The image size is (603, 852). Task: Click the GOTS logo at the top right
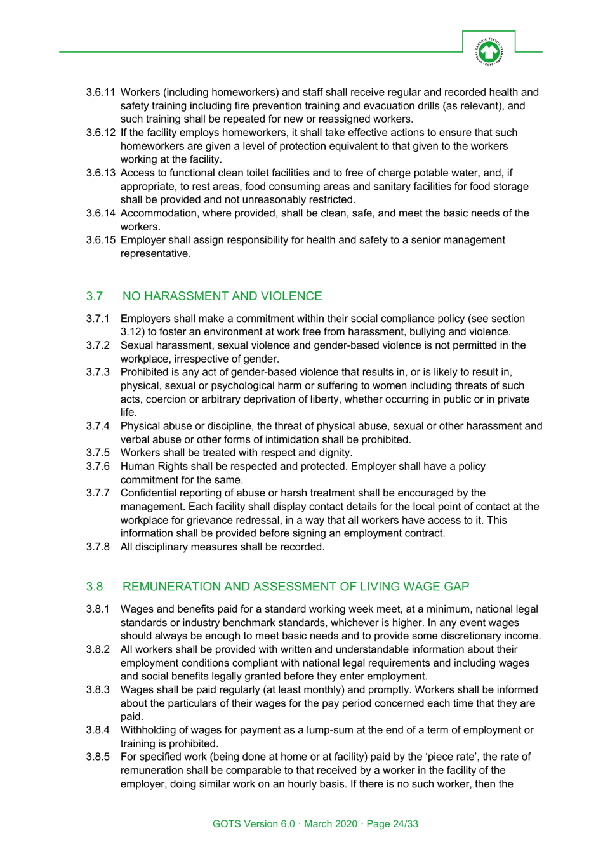489,51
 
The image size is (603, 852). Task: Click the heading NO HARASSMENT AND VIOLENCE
222,296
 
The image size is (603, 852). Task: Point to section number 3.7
95,296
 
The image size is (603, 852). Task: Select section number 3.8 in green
95,587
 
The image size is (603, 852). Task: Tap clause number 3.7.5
98,453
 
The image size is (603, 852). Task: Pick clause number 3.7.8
98,547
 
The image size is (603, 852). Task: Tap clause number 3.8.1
98,609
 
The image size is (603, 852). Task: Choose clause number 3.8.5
98,757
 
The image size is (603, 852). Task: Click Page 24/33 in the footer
392,824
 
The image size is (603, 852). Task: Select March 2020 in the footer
331,824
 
